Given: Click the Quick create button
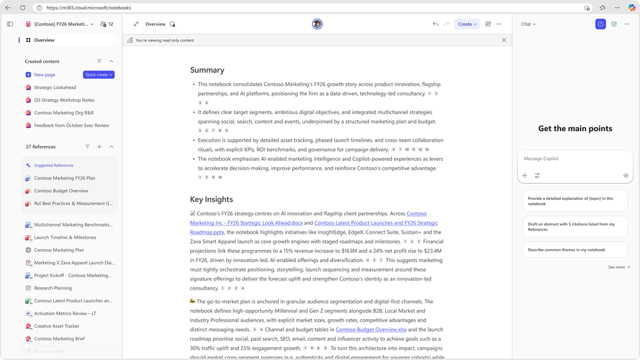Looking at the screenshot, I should [99, 75].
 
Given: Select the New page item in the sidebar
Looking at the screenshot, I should [44, 75].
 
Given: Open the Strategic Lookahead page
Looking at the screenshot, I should [55, 87].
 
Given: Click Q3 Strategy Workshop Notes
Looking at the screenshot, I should [64, 100].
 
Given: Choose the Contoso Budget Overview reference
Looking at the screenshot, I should [61, 191].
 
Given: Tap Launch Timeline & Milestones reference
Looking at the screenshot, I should [65, 237].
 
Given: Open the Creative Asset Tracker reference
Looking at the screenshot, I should [56, 326].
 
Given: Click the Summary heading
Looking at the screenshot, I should [207, 70].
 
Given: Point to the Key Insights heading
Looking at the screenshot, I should [211, 199].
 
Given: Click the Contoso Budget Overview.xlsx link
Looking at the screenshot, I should [371, 329].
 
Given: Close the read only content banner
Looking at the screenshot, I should [504, 40].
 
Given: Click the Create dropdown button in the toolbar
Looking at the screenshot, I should [467, 24].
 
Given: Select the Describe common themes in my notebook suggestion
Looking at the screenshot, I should [566, 250].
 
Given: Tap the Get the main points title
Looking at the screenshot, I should [575, 129].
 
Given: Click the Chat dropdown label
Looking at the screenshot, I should [528, 24].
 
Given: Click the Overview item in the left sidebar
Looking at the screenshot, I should [44, 40].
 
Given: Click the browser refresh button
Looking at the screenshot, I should [22, 8].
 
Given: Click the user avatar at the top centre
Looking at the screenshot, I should [317, 24].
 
